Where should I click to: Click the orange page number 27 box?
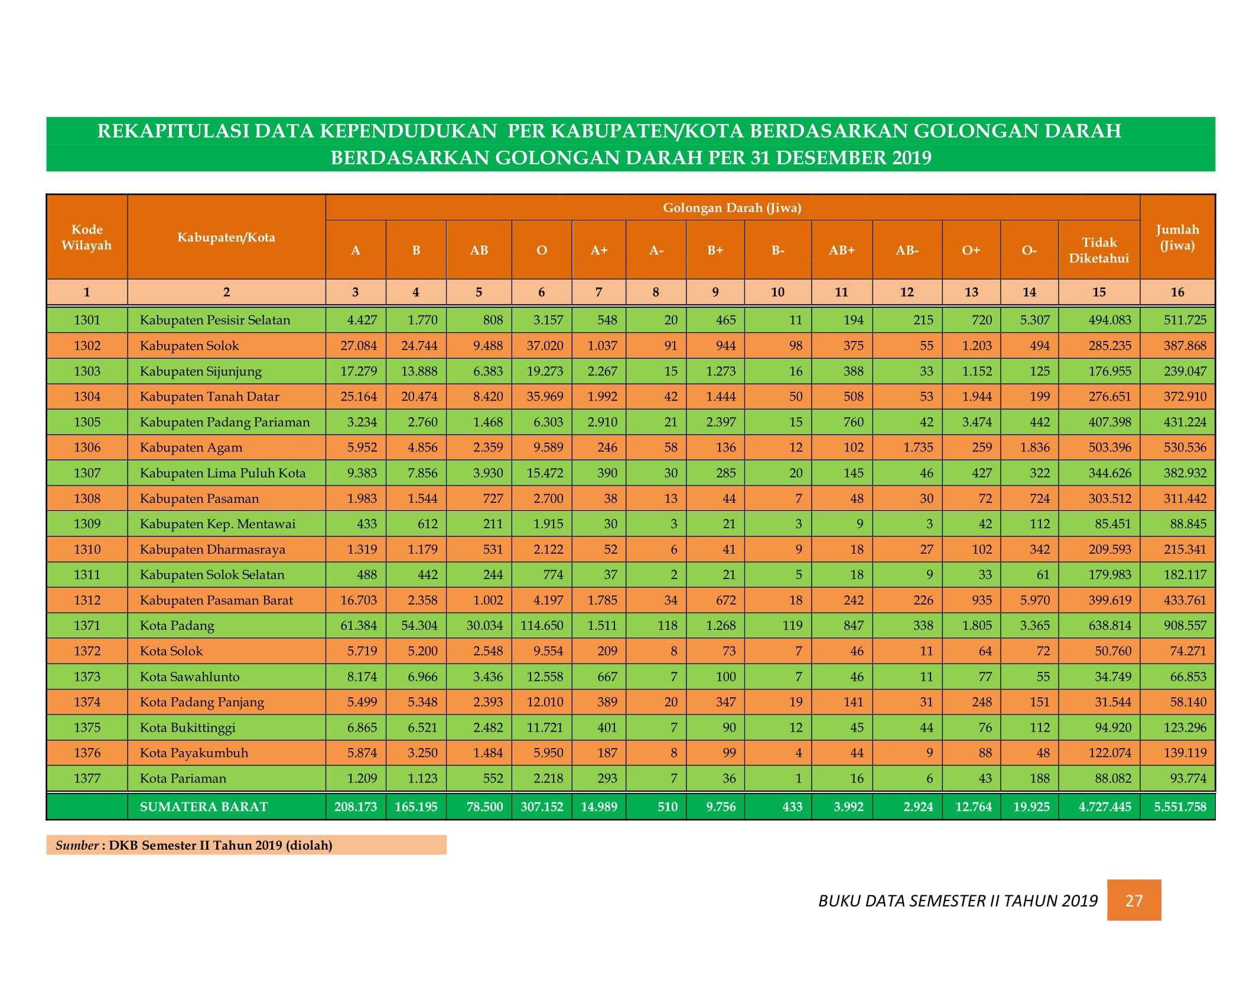click(1134, 900)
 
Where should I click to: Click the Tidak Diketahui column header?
click(1099, 250)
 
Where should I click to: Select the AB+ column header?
click(842, 250)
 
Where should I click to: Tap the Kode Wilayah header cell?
click(87, 237)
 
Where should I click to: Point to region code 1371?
click(87, 625)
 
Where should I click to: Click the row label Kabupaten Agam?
click(191, 447)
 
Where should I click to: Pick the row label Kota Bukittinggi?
click(187, 727)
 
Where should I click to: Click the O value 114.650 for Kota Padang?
click(542, 625)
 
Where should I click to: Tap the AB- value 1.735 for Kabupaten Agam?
click(918, 447)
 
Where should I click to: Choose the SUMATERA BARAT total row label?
click(204, 807)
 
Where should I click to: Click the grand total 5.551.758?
click(1180, 807)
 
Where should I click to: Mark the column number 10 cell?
click(777, 292)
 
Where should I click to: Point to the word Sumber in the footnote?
click(77, 845)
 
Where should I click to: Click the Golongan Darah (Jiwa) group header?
click(732, 207)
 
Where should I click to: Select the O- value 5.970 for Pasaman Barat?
click(1034, 600)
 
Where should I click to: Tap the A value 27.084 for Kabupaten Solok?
click(359, 345)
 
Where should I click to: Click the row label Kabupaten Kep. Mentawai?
click(217, 524)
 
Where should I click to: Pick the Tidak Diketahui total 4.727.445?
click(1105, 807)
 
